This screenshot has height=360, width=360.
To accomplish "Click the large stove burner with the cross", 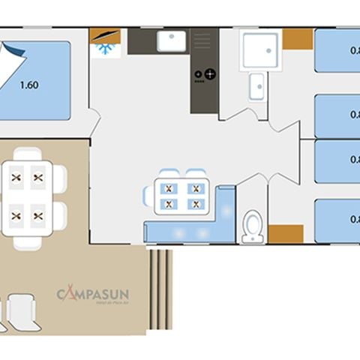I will [x=210, y=74].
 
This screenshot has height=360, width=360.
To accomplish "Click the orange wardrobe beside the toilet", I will [x=286, y=234].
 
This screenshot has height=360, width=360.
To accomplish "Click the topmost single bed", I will [x=337, y=51].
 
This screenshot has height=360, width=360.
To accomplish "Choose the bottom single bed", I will [x=337, y=220].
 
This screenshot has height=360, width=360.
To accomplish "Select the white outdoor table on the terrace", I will [x=28, y=196].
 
